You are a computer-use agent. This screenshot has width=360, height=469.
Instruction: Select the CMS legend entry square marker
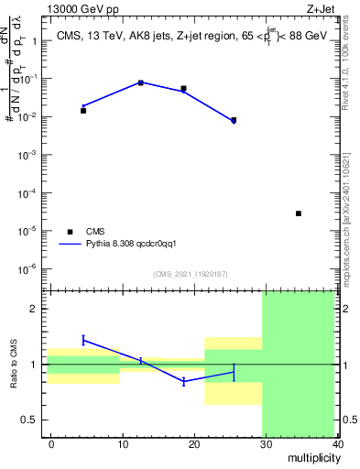(x=70, y=232)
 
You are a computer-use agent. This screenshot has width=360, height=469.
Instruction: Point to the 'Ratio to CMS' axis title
(x=13, y=365)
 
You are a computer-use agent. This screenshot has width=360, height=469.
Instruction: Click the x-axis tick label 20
(x=194, y=443)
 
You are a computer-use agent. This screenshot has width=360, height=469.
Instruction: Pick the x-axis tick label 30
(x=266, y=443)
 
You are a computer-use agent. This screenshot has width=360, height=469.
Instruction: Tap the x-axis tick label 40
(x=337, y=443)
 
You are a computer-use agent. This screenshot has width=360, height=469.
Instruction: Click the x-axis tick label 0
(x=51, y=443)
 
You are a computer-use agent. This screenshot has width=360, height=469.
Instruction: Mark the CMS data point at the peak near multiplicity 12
(x=141, y=82)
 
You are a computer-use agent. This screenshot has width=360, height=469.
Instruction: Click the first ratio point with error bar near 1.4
(x=83, y=340)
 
